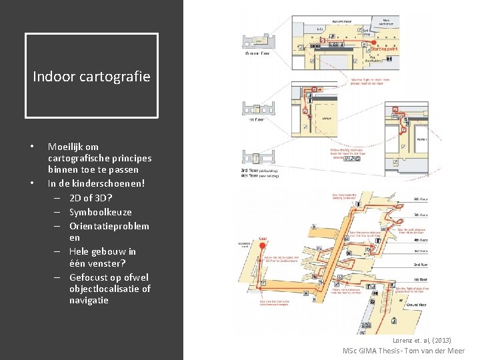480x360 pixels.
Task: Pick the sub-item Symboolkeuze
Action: click(99, 211)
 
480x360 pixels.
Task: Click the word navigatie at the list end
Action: click(89, 301)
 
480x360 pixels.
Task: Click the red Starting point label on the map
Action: click(385, 48)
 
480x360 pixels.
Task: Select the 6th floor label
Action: click(421, 199)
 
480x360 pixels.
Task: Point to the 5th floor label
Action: click(421, 215)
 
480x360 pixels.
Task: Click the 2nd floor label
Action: click(421, 265)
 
